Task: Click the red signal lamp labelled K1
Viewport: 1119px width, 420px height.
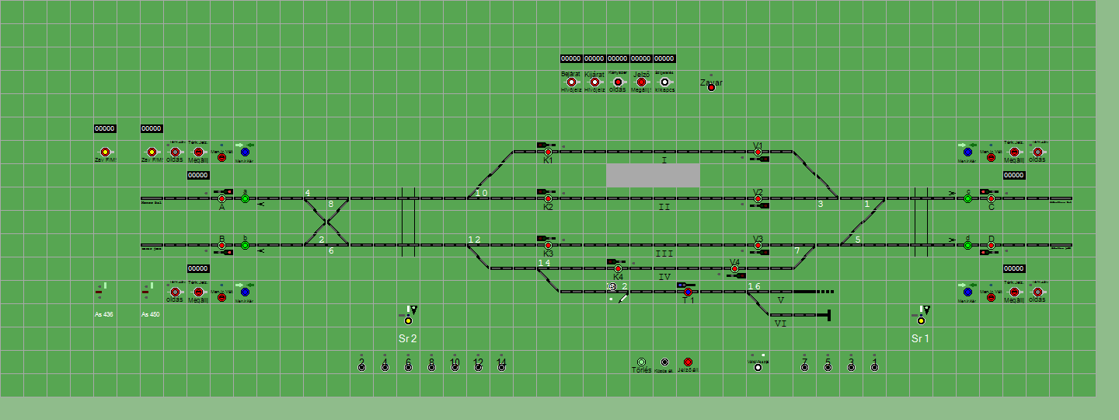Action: (x=548, y=152)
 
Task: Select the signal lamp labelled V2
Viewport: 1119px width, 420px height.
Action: (x=758, y=199)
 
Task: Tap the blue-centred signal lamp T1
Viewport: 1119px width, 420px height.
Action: (x=688, y=292)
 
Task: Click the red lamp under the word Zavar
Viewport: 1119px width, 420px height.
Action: (x=711, y=88)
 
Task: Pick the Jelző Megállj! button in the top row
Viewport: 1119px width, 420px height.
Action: (x=641, y=82)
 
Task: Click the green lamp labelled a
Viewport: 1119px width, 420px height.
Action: (x=245, y=199)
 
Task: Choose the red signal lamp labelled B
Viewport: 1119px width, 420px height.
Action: (x=221, y=246)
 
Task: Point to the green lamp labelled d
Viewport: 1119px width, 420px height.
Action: (x=967, y=246)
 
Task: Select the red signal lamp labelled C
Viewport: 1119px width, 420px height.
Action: (x=991, y=199)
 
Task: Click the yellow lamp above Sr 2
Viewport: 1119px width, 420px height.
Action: (x=408, y=320)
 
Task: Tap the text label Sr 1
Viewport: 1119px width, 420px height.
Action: (x=921, y=338)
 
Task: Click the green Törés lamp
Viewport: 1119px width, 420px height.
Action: (x=641, y=362)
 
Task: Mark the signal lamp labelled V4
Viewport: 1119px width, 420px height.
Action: (x=734, y=269)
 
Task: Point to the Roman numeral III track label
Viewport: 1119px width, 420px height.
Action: (x=664, y=254)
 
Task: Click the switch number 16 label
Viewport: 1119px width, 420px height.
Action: (x=754, y=286)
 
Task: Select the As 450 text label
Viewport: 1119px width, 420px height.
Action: (x=151, y=315)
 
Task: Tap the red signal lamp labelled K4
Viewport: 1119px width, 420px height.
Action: (x=618, y=269)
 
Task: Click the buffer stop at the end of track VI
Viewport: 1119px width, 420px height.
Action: (x=829, y=315)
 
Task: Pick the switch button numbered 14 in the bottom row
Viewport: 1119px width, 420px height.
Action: (x=501, y=367)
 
